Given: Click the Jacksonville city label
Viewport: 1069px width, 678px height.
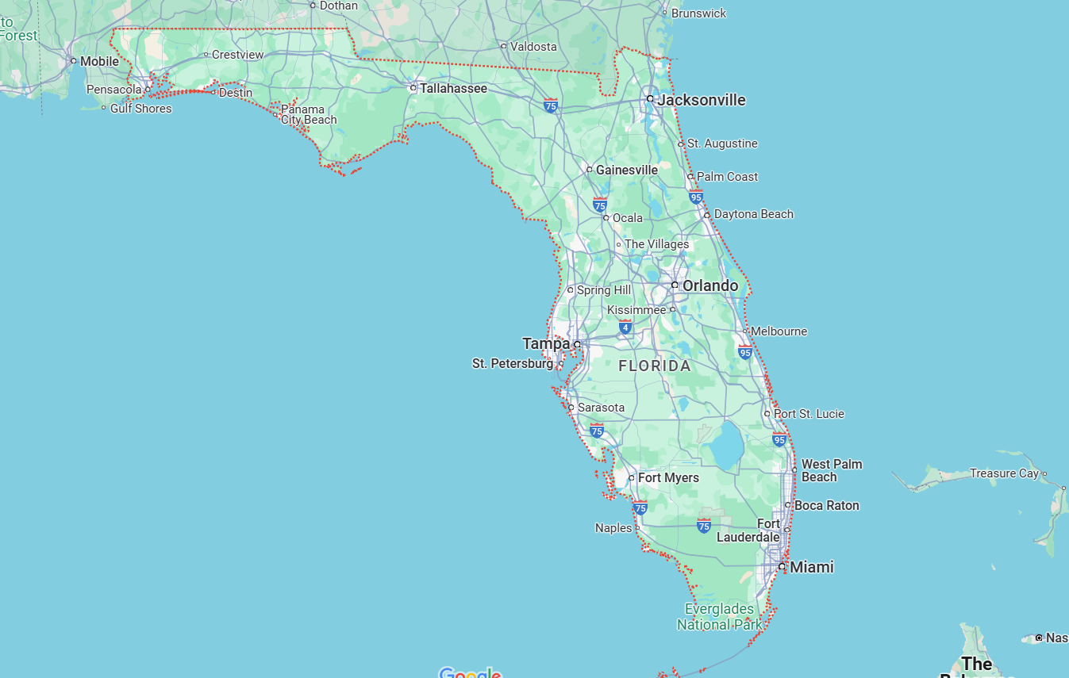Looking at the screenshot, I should pyautogui.click(x=701, y=100).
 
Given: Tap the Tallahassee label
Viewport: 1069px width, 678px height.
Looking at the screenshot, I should pyautogui.click(x=453, y=88).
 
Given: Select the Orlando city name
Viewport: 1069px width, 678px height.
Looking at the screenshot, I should pyautogui.click(x=709, y=285).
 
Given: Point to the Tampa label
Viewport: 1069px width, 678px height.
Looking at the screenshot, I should pyautogui.click(x=546, y=343).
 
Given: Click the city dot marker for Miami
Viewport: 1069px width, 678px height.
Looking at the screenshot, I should pyautogui.click(x=782, y=566).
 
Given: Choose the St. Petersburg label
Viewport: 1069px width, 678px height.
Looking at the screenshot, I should pyautogui.click(x=512, y=364).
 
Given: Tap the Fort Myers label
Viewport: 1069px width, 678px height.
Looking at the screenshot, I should pyautogui.click(x=668, y=477).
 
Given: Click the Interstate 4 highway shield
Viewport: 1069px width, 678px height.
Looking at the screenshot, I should pyautogui.click(x=625, y=327).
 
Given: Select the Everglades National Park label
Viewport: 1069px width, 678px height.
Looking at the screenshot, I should pyautogui.click(x=719, y=616).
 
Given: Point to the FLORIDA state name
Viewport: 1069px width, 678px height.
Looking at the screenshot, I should pyautogui.click(x=655, y=366).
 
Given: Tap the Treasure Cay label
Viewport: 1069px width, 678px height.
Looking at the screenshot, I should pyautogui.click(x=1004, y=473).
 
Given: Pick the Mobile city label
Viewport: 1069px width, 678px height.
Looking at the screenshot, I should pyautogui.click(x=99, y=61).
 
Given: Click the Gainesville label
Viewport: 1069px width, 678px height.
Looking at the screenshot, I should pyautogui.click(x=626, y=170).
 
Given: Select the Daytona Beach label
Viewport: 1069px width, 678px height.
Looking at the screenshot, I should pyautogui.click(x=753, y=214).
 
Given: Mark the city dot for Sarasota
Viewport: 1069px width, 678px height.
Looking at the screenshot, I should pyautogui.click(x=571, y=408).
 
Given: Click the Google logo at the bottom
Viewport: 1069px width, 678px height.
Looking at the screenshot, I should pyautogui.click(x=470, y=672).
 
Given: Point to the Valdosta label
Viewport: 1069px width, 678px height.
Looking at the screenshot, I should pyautogui.click(x=533, y=47).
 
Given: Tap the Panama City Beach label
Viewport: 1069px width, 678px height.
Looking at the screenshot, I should pyautogui.click(x=308, y=114).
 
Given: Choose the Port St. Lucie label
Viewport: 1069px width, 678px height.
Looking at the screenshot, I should pyautogui.click(x=809, y=414).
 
